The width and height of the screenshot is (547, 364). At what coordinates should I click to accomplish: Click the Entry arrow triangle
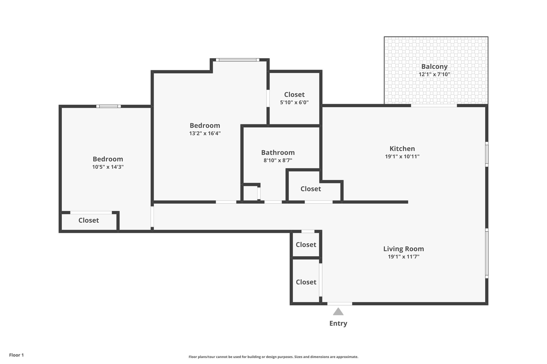pos(338,312)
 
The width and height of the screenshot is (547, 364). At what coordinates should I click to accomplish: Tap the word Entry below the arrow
pos(338,323)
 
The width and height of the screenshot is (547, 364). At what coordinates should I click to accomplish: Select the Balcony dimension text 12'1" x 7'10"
pos(434,75)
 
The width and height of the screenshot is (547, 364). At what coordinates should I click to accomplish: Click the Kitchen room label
pos(402,148)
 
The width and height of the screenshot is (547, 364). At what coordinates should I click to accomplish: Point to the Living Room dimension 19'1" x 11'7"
pos(403,257)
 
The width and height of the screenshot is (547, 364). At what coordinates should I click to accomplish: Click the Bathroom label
pos(278,152)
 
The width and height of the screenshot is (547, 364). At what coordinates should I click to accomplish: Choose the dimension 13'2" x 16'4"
pos(205,133)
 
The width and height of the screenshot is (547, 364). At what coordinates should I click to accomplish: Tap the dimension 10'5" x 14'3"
pos(108,167)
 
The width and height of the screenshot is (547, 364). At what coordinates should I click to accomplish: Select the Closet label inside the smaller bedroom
pos(89,220)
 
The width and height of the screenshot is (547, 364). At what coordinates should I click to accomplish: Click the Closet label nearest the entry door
pos(306,282)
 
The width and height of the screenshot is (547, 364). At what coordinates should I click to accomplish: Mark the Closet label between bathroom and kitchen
pos(311,189)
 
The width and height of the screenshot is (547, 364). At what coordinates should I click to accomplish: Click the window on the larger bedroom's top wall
pos(238,60)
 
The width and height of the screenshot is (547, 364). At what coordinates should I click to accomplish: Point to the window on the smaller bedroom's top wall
pos(109,106)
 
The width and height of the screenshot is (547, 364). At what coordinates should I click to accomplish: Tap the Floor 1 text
pos(16,355)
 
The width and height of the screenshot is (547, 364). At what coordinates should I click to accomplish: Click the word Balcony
pos(434,67)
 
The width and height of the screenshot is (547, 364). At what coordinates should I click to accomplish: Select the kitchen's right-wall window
pos(487,154)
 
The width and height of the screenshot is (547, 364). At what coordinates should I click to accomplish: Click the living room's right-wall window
pos(487,253)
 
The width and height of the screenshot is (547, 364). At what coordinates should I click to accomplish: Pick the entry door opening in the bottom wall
pos(340,304)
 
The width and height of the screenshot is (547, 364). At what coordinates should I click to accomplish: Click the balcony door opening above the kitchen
pos(434,106)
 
